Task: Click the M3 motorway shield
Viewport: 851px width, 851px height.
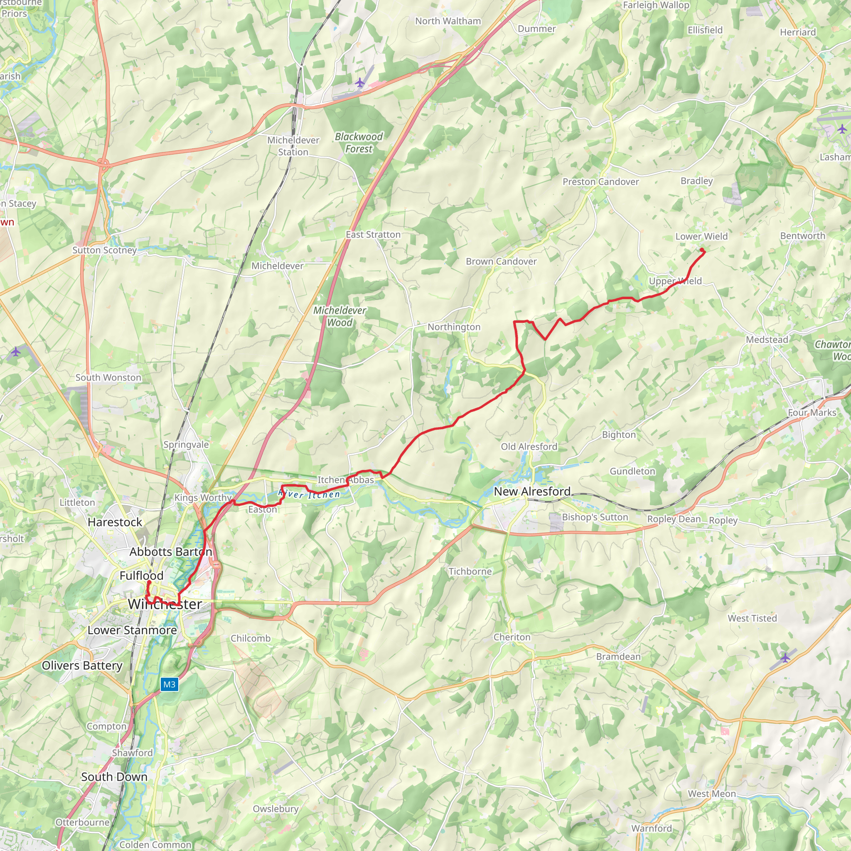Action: (169, 684)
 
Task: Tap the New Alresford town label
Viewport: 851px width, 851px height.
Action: (532, 492)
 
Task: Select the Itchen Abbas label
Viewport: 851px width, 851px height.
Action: (346, 480)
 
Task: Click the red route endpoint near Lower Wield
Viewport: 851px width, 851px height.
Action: (702, 250)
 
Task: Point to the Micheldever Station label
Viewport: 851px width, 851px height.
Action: (293, 146)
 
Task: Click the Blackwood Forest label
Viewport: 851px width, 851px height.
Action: (359, 143)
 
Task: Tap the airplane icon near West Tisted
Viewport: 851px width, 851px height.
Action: (785, 658)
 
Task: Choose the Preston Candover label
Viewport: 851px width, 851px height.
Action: (600, 182)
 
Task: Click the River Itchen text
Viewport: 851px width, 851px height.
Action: (309, 494)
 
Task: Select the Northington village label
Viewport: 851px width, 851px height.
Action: (454, 327)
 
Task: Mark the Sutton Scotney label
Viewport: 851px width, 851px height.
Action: (104, 250)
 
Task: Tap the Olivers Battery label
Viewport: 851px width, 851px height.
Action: (82, 666)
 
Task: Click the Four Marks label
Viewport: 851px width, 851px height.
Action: (812, 413)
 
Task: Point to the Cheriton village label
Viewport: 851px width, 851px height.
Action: (512, 637)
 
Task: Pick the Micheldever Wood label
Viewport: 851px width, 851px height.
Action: (339, 316)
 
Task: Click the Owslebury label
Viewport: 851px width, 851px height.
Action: (276, 809)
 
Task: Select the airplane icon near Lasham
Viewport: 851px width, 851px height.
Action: (842, 129)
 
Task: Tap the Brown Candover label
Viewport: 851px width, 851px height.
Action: (501, 262)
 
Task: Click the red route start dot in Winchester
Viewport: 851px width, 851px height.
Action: (149, 583)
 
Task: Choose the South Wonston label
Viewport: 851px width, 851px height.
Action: (108, 377)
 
